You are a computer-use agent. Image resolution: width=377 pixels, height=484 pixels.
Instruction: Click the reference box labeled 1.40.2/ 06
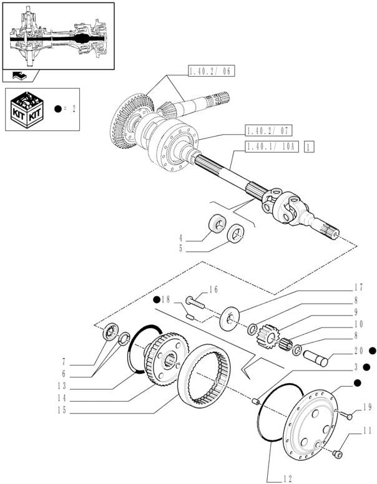[210, 72]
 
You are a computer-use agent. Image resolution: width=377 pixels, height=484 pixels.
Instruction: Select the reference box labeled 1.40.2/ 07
[268, 130]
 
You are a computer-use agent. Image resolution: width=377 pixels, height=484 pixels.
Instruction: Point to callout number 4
[180, 237]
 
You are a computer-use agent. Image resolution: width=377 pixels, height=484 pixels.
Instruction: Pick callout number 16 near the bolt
[213, 289]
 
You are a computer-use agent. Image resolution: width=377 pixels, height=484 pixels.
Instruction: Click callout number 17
[358, 288]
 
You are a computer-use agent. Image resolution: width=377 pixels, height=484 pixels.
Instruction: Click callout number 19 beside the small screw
[366, 407]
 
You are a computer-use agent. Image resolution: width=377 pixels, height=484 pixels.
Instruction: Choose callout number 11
[366, 430]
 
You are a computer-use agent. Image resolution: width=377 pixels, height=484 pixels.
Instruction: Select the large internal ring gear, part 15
[207, 375]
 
